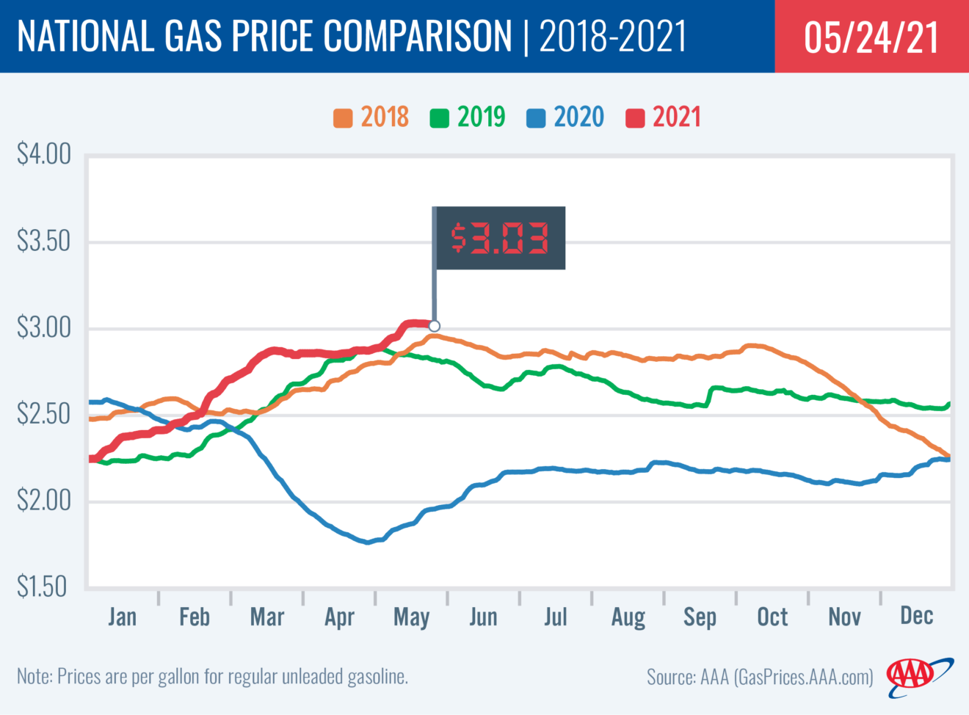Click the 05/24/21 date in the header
click(x=871, y=37)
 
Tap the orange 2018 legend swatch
click(x=343, y=118)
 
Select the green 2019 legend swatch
click(x=439, y=118)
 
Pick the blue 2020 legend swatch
click(x=536, y=118)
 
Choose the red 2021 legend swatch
click(x=635, y=118)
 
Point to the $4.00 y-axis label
click(x=44, y=155)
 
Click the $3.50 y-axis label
click(x=44, y=242)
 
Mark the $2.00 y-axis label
click(x=44, y=501)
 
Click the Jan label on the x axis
click(x=122, y=617)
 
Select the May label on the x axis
click(x=411, y=617)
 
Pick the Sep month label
click(x=700, y=617)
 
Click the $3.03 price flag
click(x=499, y=239)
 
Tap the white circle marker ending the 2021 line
click(x=435, y=326)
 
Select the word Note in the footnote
click(x=33, y=676)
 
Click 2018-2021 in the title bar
click(x=613, y=37)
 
